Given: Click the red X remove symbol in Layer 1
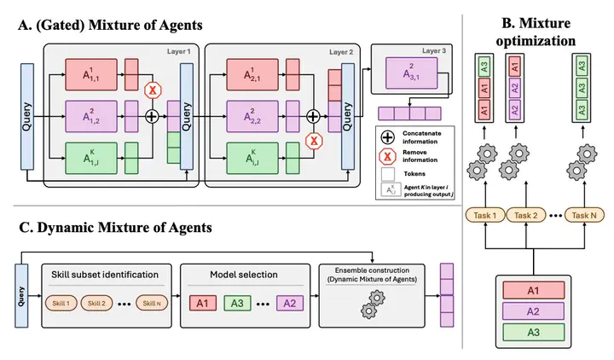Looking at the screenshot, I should pyautogui.click(x=153, y=90).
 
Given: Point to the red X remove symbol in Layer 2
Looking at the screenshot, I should pyautogui.click(x=313, y=141).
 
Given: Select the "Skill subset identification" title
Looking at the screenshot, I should pyautogui.click(x=105, y=275).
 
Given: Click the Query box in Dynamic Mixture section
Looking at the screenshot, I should pyautogui.click(x=21, y=294).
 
